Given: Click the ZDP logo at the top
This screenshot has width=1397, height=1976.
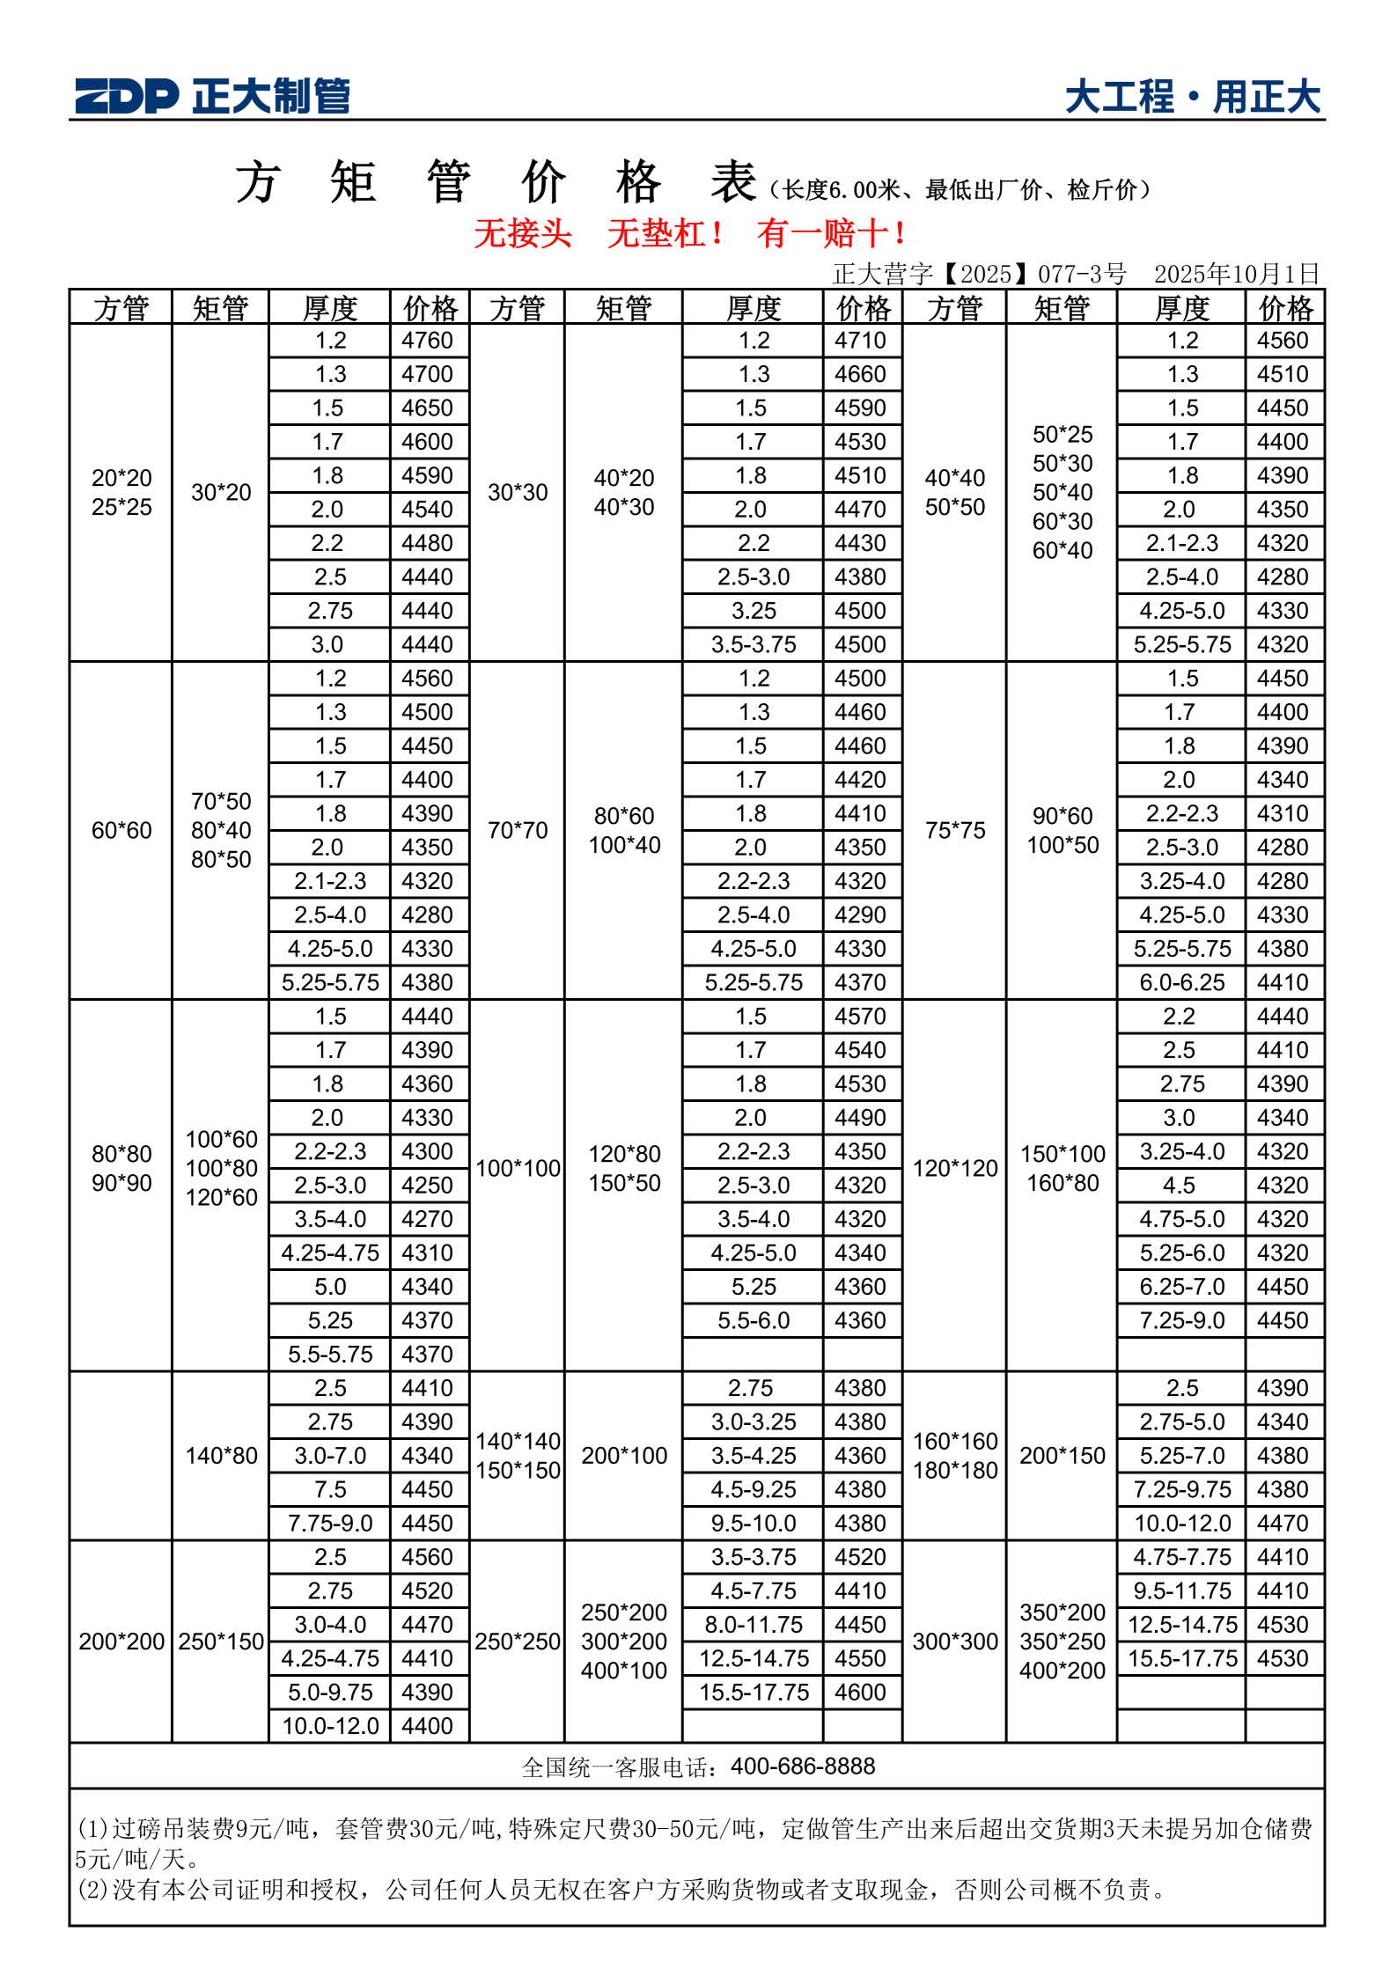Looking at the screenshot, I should (x=127, y=96).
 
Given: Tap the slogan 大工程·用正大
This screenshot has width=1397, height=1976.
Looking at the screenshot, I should (x=1192, y=97).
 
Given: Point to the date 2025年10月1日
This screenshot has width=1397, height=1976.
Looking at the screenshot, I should (x=1237, y=274).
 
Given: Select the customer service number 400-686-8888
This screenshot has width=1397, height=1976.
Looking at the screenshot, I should (x=803, y=1767).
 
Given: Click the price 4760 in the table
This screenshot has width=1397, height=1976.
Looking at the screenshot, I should (x=427, y=341).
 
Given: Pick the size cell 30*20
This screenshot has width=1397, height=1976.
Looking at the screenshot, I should (x=221, y=492).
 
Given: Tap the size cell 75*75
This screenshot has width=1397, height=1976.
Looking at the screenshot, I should (x=954, y=830).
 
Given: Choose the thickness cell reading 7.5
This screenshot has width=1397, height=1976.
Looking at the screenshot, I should (x=330, y=1489).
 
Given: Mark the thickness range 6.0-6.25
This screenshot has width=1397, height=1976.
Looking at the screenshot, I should (x=1181, y=982).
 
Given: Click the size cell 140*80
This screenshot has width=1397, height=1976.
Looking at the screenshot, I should (x=221, y=1456).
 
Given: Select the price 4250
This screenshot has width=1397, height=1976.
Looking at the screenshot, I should (x=427, y=1185).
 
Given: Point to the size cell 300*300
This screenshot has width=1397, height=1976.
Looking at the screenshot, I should (x=954, y=1642).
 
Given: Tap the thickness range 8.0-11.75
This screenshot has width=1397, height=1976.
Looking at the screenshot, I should (x=754, y=1625).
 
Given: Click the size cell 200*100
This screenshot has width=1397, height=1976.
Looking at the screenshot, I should (x=624, y=1456).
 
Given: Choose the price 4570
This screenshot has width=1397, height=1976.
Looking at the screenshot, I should (x=860, y=1017).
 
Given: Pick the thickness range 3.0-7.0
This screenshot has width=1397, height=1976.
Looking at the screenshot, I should (x=330, y=1456).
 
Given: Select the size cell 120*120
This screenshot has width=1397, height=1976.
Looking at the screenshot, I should (x=954, y=1168).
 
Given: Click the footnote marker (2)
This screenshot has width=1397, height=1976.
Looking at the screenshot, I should (x=92, y=1889).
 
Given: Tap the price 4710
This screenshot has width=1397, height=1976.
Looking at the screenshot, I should (x=860, y=341).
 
